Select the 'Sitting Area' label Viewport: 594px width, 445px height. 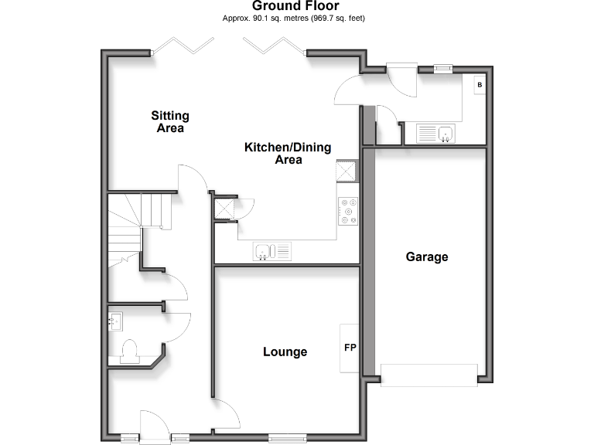[169, 122]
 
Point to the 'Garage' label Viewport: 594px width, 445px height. [426, 256]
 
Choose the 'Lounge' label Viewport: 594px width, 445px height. [285, 352]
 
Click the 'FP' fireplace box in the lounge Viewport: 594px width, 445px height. [350, 348]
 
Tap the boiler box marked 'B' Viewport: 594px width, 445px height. [480, 84]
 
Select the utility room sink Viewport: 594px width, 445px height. [437, 134]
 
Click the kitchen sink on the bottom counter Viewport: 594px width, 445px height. [273, 251]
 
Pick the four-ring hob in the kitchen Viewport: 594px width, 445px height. [347, 212]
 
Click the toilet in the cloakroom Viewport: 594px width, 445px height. [129, 352]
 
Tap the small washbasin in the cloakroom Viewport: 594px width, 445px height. [116, 319]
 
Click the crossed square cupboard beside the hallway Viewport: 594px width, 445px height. [224, 208]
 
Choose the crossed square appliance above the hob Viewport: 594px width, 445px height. [346, 171]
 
